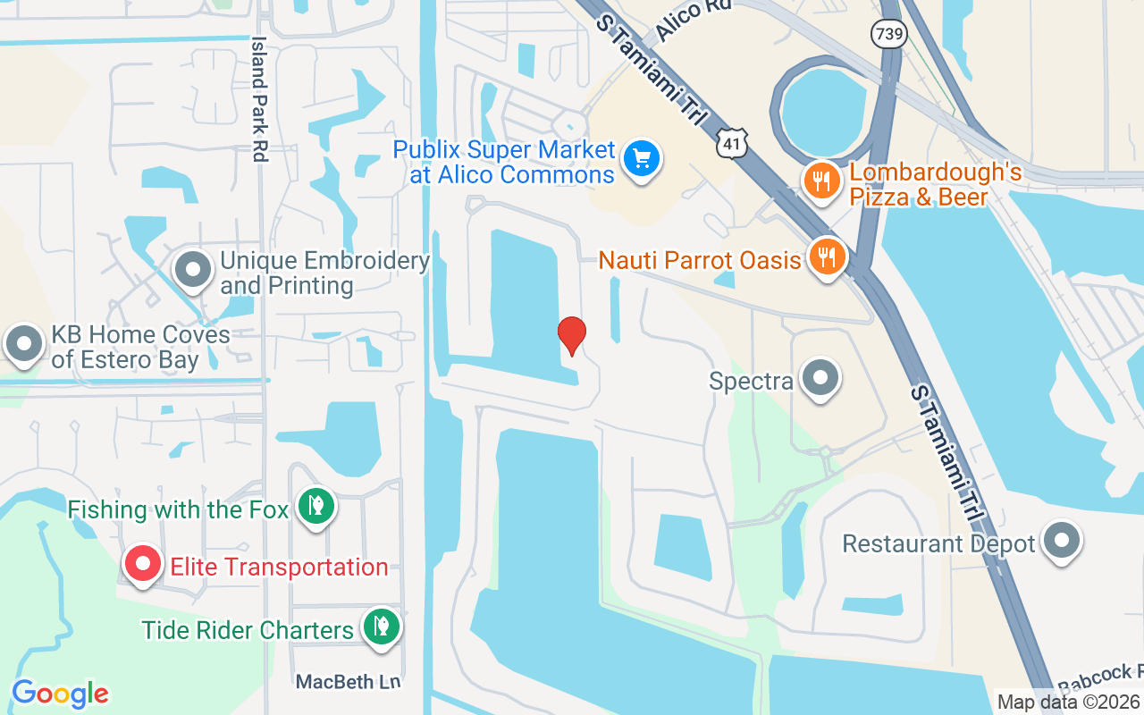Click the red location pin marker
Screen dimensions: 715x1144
click(x=572, y=336)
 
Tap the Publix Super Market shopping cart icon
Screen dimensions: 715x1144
click(x=641, y=159)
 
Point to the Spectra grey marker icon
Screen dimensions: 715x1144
click(x=820, y=379)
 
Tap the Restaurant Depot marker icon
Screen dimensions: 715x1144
click(x=1062, y=542)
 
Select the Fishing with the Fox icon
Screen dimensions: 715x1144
click(x=315, y=507)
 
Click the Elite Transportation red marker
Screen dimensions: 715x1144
click(x=141, y=565)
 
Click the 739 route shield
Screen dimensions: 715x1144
click(x=890, y=35)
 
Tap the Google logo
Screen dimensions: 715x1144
click(x=60, y=694)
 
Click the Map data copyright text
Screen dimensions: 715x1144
click(x=1069, y=702)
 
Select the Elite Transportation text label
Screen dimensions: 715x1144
click(x=279, y=567)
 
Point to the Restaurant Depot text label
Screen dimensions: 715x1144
click(x=938, y=543)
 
